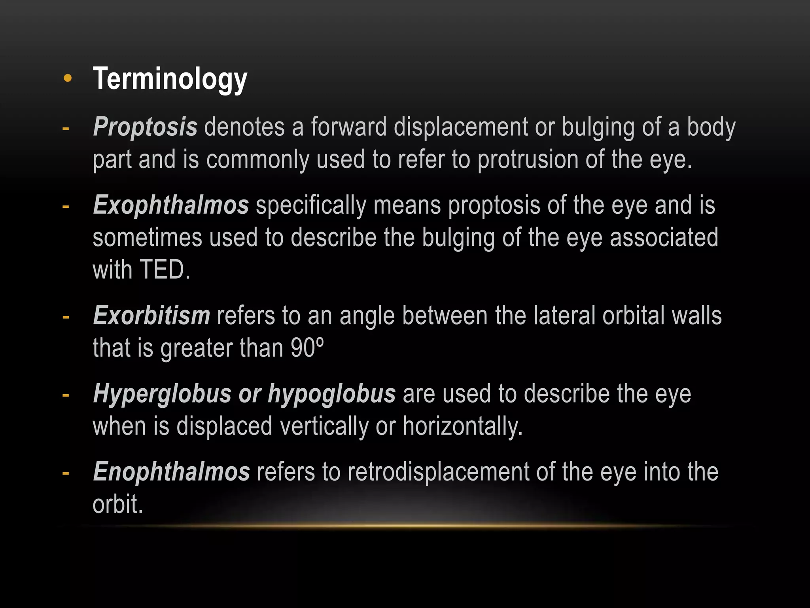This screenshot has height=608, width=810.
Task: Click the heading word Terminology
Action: point(170,79)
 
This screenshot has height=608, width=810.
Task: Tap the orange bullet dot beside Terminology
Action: point(68,78)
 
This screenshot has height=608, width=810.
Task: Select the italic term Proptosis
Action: point(145,127)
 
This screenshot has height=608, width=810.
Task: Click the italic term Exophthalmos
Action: point(171,205)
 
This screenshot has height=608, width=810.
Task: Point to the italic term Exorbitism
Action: point(151,315)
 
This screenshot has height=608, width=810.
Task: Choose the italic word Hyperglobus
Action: point(162,394)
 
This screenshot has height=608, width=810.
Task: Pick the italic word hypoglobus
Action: point(331,394)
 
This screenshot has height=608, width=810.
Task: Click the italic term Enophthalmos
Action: point(171,472)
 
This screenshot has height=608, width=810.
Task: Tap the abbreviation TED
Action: point(162,270)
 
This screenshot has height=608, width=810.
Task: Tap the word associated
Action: point(664,237)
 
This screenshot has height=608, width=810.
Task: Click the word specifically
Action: point(311,205)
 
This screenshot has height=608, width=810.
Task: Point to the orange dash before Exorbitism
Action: point(66,317)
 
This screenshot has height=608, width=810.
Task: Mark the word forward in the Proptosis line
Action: point(348,127)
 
